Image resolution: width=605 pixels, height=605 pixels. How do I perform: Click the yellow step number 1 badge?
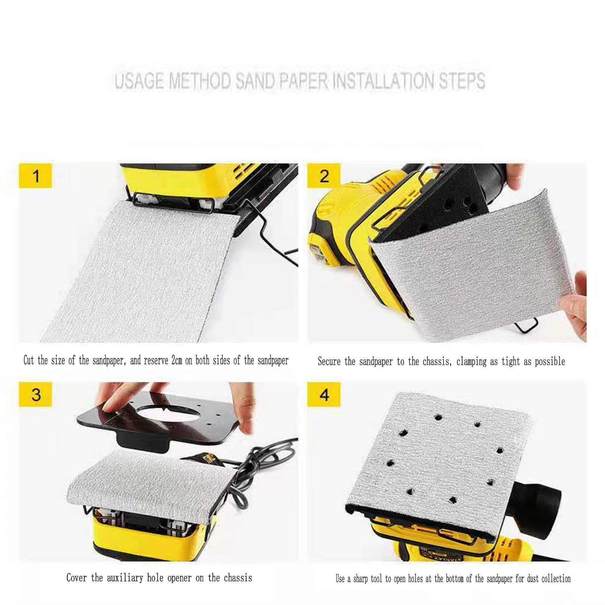[35, 176]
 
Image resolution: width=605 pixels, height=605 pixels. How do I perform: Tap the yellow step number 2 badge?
[324, 176]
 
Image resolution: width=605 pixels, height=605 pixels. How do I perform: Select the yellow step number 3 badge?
[35, 394]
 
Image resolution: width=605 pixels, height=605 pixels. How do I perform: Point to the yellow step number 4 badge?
[324, 394]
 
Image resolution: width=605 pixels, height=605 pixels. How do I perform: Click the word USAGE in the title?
[139, 81]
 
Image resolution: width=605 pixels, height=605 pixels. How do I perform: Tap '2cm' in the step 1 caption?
[177, 360]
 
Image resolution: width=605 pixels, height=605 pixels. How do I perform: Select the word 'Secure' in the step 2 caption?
[329, 361]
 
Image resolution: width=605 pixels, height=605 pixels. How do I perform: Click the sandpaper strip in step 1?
[144, 272]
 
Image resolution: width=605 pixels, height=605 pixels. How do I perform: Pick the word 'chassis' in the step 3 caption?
[238, 578]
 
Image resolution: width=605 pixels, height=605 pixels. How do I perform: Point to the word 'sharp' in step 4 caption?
[361, 579]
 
